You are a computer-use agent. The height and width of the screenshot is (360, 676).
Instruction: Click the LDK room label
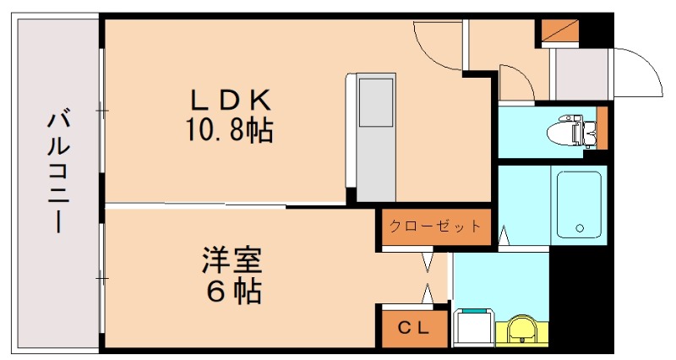tap(227, 101)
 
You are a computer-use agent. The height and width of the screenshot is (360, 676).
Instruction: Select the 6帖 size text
tap(232, 292)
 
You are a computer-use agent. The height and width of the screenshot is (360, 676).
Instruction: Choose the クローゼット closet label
tap(435, 226)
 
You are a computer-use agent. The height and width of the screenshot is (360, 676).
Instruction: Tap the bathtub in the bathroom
tap(579, 205)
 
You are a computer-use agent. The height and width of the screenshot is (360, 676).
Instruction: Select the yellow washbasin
tap(523, 330)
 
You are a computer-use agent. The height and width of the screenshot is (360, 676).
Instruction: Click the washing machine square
tap(472, 328)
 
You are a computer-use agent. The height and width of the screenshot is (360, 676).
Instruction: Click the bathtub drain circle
tap(580, 228)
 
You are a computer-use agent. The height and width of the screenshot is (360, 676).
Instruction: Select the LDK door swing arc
tap(436, 42)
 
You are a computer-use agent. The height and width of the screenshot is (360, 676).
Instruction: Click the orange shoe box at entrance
tap(558, 30)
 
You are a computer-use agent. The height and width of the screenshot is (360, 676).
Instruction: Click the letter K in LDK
tap(259, 101)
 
